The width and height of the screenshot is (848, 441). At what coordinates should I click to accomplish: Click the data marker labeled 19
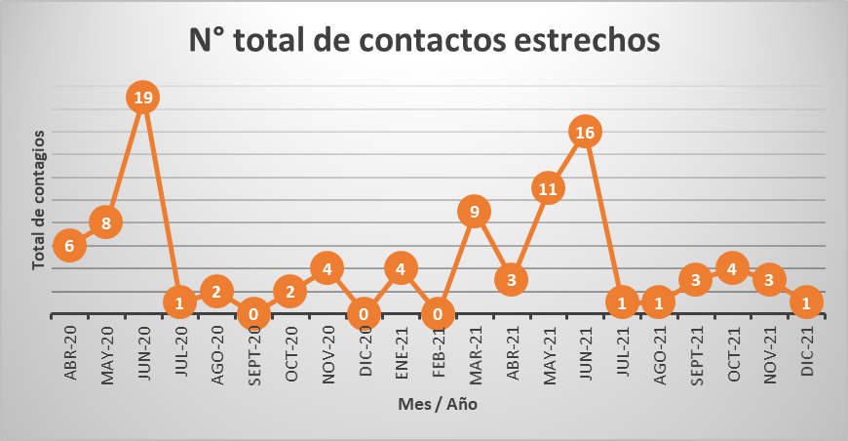[x=143, y=98]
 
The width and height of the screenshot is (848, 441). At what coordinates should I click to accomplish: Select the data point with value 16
[x=585, y=132]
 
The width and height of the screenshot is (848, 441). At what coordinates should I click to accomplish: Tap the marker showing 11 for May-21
[x=548, y=188]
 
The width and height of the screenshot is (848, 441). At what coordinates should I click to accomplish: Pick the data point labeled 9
[x=474, y=212]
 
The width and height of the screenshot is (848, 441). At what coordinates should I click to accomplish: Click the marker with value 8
[x=106, y=223]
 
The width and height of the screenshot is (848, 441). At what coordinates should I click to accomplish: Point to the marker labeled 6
[x=69, y=246]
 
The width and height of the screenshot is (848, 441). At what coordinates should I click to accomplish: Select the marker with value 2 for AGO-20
[x=216, y=291]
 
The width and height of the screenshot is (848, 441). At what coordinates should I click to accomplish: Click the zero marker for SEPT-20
[x=253, y=314]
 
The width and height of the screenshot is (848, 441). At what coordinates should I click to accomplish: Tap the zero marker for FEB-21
[x=438, y=314]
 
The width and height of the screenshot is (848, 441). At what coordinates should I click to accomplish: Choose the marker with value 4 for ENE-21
[x=401, y=267]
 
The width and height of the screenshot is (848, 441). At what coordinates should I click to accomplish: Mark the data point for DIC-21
[x=806, y=302]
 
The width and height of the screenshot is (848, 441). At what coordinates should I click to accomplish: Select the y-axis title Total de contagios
[x=38, y=199]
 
